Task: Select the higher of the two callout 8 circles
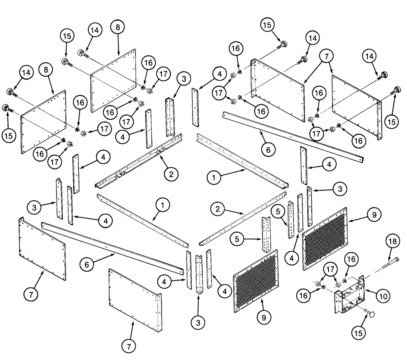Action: point(118,28)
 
